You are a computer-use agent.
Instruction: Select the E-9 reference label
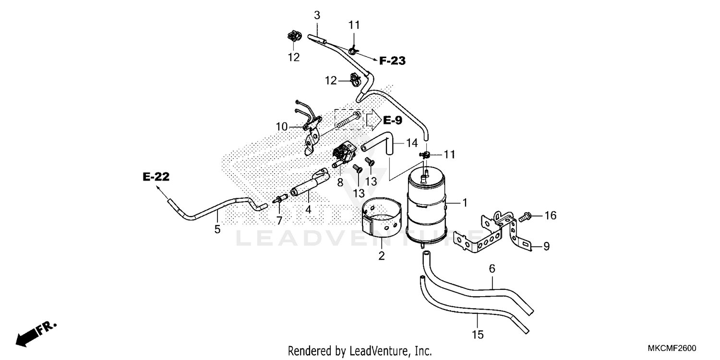tap(392, 120)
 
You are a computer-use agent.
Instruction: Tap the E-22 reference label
tap(156, 177)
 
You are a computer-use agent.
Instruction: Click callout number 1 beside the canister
tap(464, 203)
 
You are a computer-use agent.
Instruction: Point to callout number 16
tap(550, 216)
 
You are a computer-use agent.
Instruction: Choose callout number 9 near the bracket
tap(546, 247)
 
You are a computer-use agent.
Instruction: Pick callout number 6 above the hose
tap(492, 269)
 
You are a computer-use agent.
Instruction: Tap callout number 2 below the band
tap(382, 256)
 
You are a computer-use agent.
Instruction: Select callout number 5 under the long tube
tap(217, 229)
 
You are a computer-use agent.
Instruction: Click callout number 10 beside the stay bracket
tap(282, 127)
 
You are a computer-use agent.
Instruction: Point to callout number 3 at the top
tap(317, 15)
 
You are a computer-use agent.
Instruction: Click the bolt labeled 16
tap(526, 217)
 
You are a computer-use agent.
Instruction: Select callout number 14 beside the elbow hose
tap(412, 143)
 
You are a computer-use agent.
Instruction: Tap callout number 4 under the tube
tap(309, 209)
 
